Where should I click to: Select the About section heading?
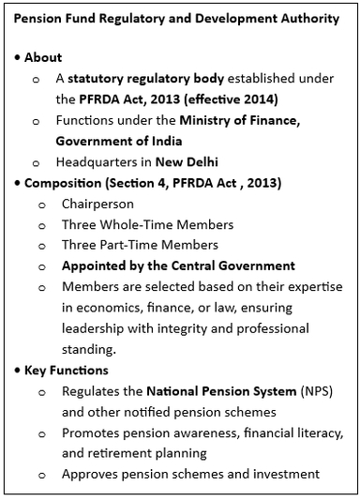[x=43, y=57]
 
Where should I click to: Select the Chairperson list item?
[x=97, y=204]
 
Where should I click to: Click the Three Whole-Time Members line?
[x=147, y=224]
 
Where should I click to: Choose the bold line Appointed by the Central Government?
[x=178, y=266]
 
